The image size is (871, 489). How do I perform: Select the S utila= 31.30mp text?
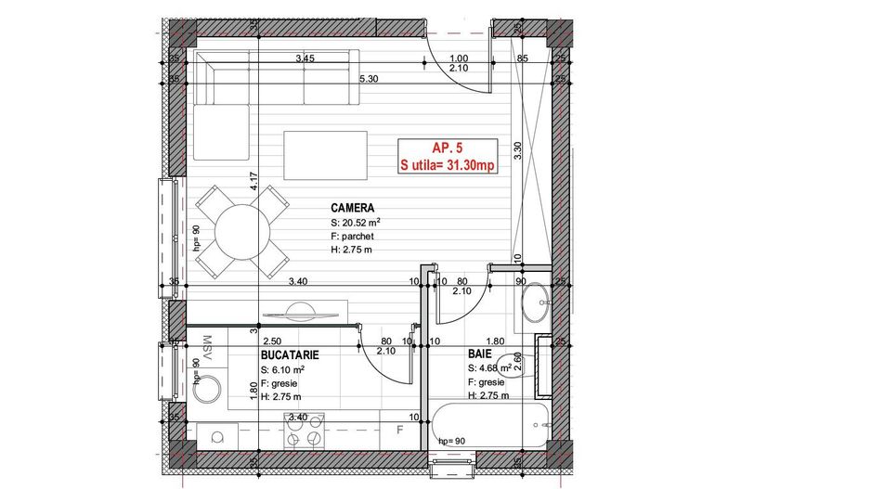coord(447,165)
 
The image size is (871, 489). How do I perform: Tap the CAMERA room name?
coord(352,208)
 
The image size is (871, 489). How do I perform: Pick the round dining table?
coord(241,231)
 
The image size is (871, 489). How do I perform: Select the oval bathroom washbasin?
coord(536,304)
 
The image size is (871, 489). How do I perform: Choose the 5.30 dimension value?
coord(369,80)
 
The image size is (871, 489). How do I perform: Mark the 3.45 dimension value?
coord(305,59)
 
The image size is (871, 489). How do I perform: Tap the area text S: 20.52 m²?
coord(356,223)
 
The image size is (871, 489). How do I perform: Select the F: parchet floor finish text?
coord(351,237)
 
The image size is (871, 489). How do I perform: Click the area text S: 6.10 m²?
coord(283,368)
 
